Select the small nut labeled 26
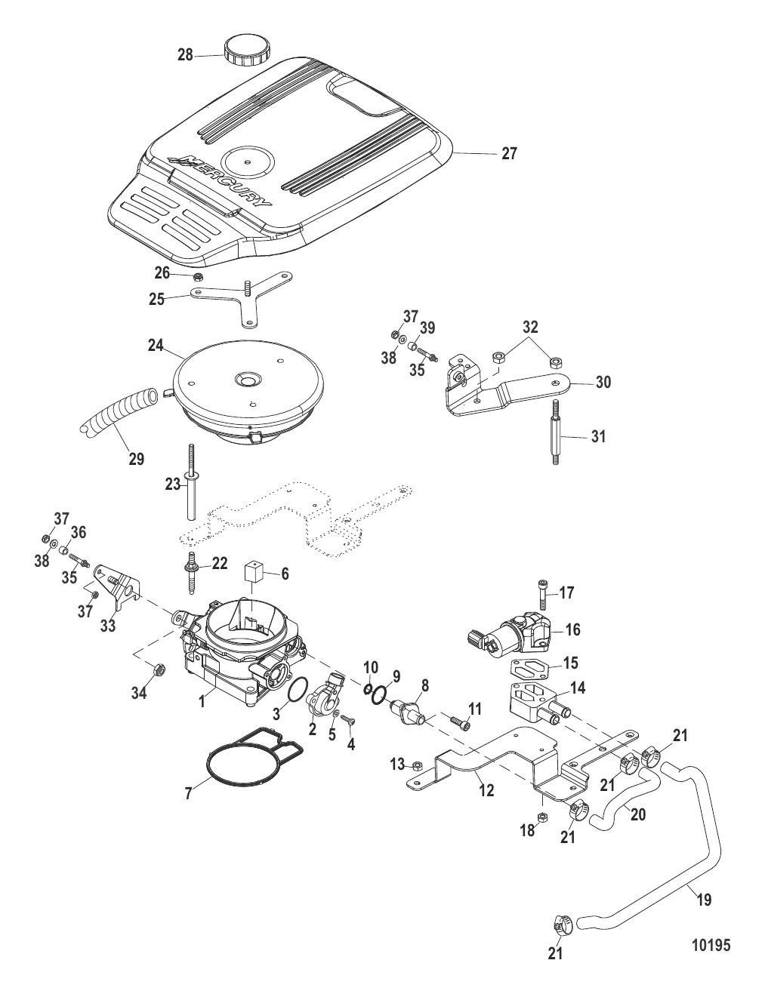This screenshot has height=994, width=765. [196, 276]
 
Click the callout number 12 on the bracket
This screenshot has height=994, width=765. [486, 791]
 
